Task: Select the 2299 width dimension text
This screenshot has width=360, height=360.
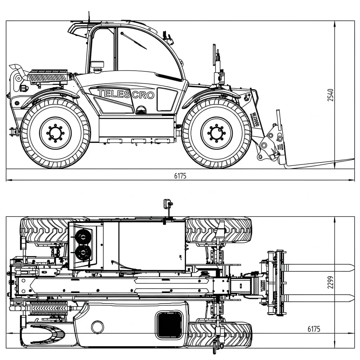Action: click(x=330, y=282)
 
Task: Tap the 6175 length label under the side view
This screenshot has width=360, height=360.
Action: click(x=180, y=176)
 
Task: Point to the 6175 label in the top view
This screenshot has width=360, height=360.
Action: click(x=314, y=329)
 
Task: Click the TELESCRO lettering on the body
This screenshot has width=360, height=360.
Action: click(x=126, y=94)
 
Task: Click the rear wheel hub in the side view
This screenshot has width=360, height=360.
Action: click(x=55, y=133)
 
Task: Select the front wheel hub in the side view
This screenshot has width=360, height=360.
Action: click(x=216, y=133)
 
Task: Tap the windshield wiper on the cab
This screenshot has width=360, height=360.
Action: click(x=134, y=40)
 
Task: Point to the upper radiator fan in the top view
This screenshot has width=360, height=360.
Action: click(x=83, y=237)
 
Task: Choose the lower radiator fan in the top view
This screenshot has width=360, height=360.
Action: click(x=83, y=252)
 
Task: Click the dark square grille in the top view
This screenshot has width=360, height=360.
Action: click(x=169, y=324)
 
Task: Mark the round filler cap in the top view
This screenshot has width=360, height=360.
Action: click(x=97, y=327)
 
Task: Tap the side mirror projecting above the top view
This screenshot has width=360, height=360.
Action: click(x=167, y=204)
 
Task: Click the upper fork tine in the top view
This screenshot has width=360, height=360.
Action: click(x=318, y=268)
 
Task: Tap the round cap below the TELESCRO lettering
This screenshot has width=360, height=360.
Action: click(x=141, y=110)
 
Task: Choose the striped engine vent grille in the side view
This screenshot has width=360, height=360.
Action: click(x=47, y=76)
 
